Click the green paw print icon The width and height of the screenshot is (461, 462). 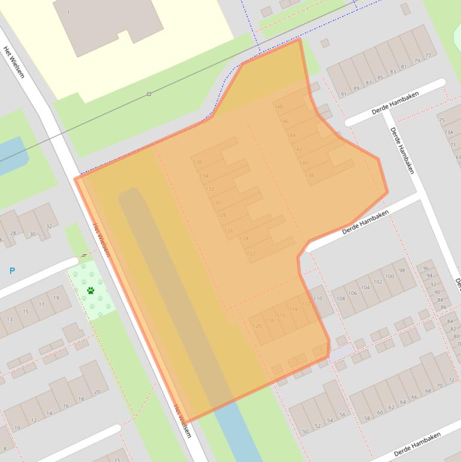(x=91, y=291)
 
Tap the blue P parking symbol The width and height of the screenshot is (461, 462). (x=12, y=271)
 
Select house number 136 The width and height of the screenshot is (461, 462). (x=198, y=162)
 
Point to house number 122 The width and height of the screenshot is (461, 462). (x=251, y=254)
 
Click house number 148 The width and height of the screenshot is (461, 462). (x=278, y=107)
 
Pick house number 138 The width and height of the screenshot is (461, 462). (x=309, y=176)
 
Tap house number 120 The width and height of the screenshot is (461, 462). (x=257, y=326)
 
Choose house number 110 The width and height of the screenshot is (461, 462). (x=318, y=298)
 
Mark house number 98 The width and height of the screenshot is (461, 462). (x=402, y=271)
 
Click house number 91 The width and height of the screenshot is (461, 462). (x=344, y=94)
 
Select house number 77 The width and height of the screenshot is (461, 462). (x=427, y=56)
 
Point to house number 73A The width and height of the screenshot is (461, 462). (x=448, y=133)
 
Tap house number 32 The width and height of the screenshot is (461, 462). (x=49, y=226)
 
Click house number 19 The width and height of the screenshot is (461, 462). (x=56, y=298)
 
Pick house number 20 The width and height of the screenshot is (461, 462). (x=97, y=392)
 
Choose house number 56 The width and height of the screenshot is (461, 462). (x=342, y=415)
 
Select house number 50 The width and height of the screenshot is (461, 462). (x=305, y=432)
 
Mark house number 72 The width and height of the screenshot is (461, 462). (x=450, y=380)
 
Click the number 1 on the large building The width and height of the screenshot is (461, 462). (x=68, y=13)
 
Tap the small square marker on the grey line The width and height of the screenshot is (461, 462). (x=149, y=94)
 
